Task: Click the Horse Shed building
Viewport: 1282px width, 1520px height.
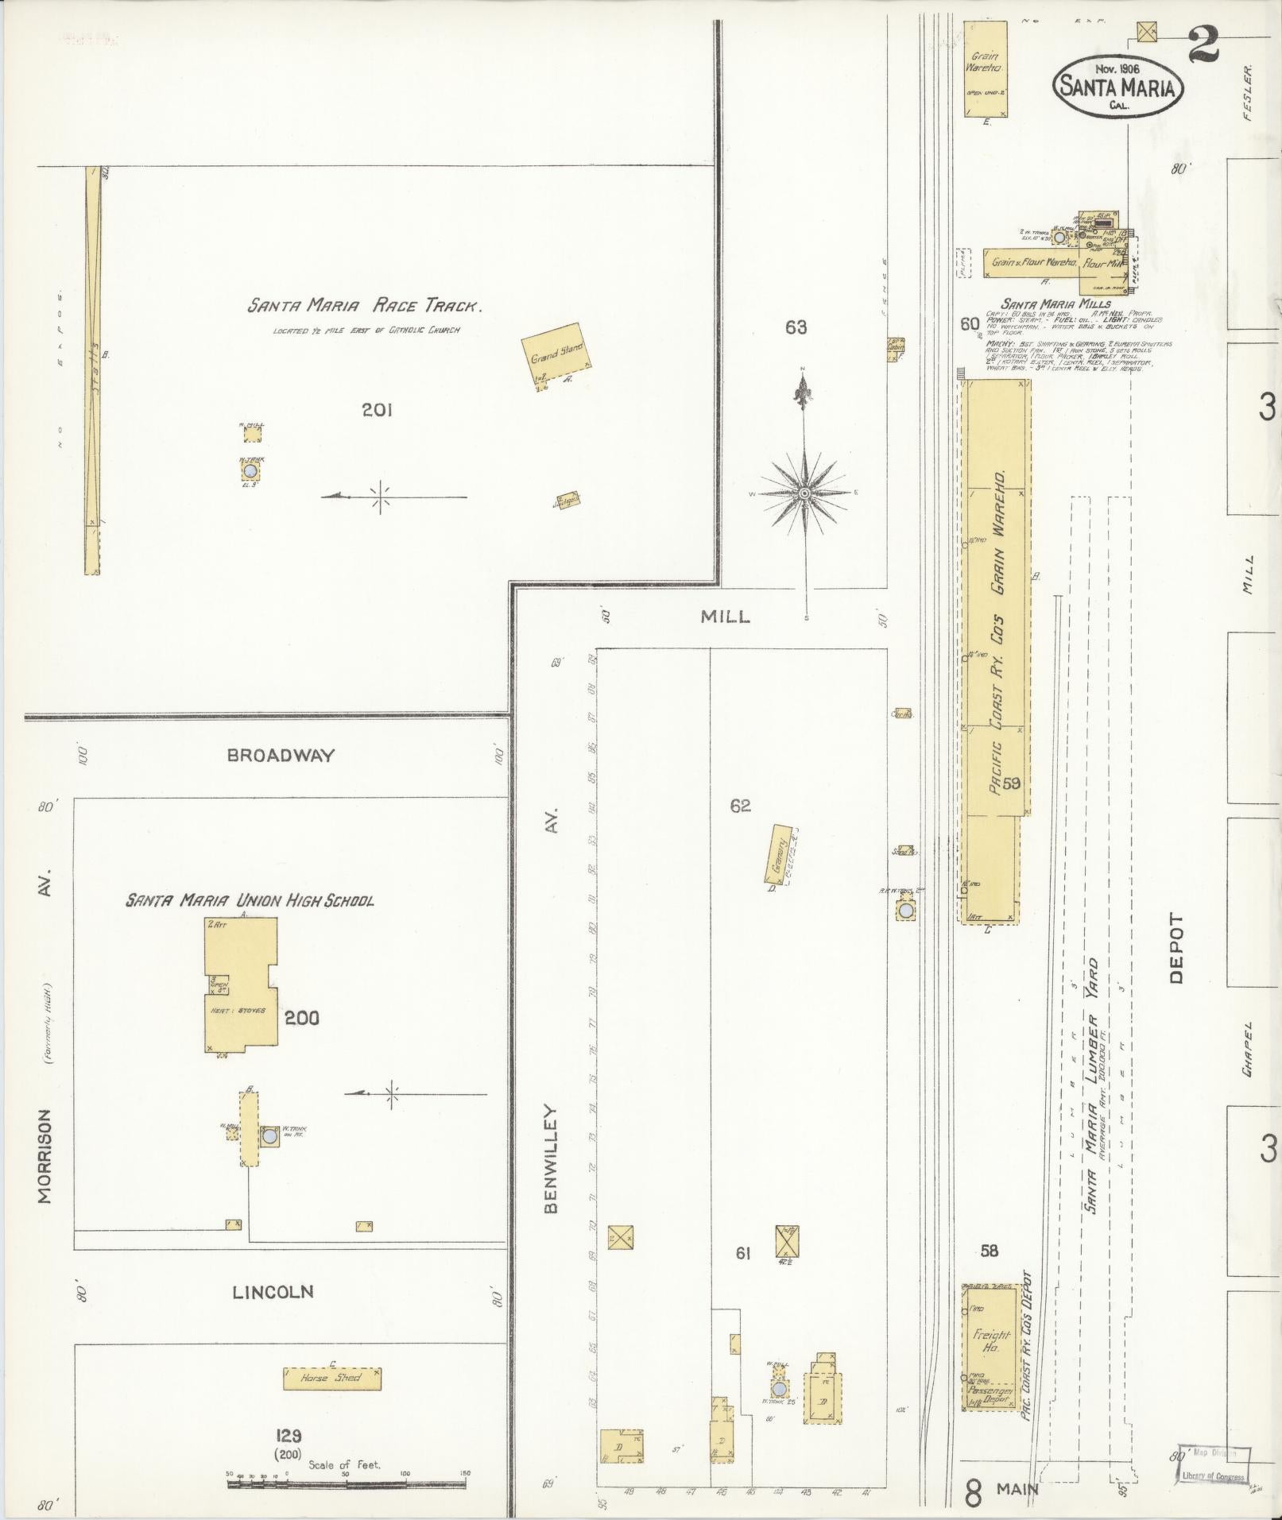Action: [331, 1378]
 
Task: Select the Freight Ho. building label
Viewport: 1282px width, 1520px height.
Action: [991, 1342]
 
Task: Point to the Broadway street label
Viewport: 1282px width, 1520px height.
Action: [281, 755]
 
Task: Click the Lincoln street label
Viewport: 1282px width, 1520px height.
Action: [273, 1293]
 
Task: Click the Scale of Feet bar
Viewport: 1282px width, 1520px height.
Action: [347, 1482]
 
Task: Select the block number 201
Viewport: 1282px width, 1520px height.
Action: [377, 410]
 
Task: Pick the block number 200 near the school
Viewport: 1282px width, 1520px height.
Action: [302, 1017]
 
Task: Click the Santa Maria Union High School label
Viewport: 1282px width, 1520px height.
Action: [250, 900]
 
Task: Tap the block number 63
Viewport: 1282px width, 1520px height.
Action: [796, 327]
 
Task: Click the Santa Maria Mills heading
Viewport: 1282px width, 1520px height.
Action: [1044, 303]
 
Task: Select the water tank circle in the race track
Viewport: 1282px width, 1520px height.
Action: [251, 471]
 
